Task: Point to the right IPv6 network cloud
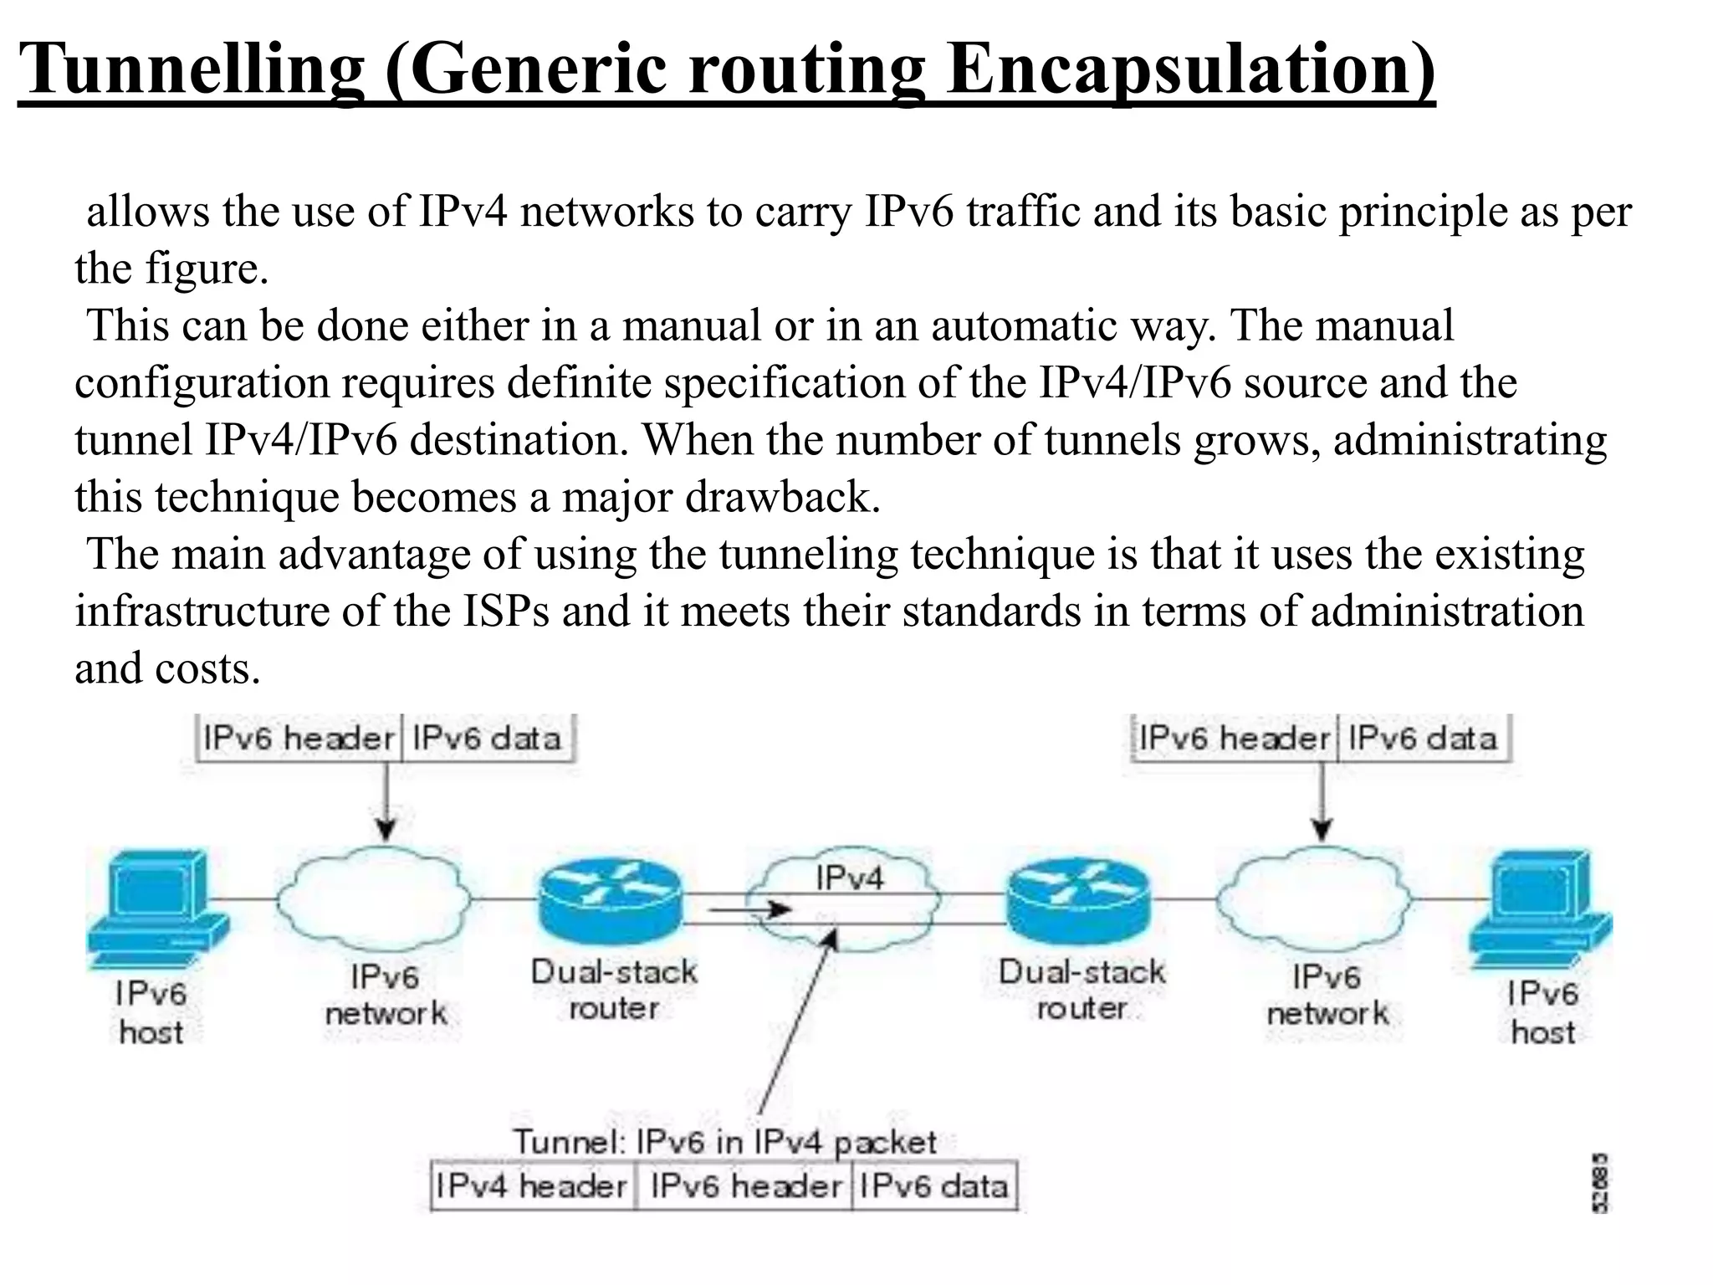click(x=1313, y=899)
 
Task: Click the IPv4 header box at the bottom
click(x=532, y=1186)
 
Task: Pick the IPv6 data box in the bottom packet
click(x=933, y=1186)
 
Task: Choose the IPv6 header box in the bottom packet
click(x=744, y=1186)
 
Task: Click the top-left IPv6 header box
click(x=298, y=739)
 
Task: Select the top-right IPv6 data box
click(x=1423, y=739)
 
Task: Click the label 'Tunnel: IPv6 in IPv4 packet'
click(x=724, y=1142)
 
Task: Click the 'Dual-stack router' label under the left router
click(x=614, y=990)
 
